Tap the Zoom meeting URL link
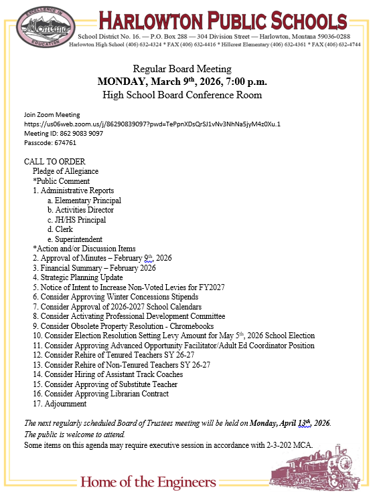pos(152,124)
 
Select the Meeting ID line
pos(64,133)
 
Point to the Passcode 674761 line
pos(50,142)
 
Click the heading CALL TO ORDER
pos(54,162)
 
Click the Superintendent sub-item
pos(78,239)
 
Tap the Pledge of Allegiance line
pos(66,171)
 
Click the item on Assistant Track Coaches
pos(108,374)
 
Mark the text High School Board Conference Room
pos(181,95)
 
